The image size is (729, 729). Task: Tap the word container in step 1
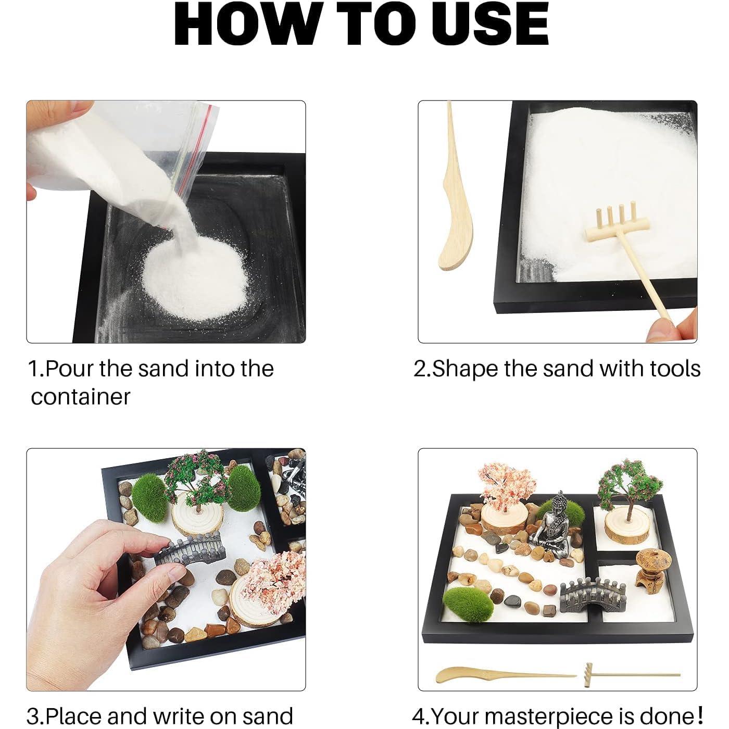pyautogui.click(x=81, y=397)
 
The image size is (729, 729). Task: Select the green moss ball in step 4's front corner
pyautogui.click(x=469, y=605)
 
